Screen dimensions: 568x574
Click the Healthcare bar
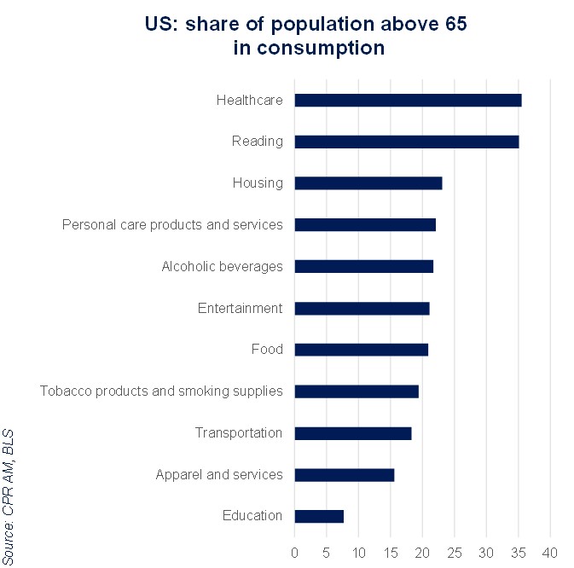[408, 101]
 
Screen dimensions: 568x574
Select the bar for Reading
[406, 142]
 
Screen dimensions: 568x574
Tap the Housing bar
[368, 183]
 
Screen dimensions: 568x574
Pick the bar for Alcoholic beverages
[363, 267]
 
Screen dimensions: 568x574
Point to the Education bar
[319, 516]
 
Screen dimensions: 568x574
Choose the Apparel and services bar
[344, 475]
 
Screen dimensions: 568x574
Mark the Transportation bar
[352, 433]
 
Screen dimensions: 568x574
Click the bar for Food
[361, 350]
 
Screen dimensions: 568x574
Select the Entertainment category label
[240, 308]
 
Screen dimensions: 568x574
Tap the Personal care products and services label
[172, 225]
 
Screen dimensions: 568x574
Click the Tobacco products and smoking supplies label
[161, 391]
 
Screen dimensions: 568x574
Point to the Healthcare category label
[249, 101]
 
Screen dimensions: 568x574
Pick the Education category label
[252, 516]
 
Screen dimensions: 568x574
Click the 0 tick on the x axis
[294, 552]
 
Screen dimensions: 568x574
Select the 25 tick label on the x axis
[454, 552]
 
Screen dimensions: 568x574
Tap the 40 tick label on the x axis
[549, 552]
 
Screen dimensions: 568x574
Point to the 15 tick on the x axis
[390, 552]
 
